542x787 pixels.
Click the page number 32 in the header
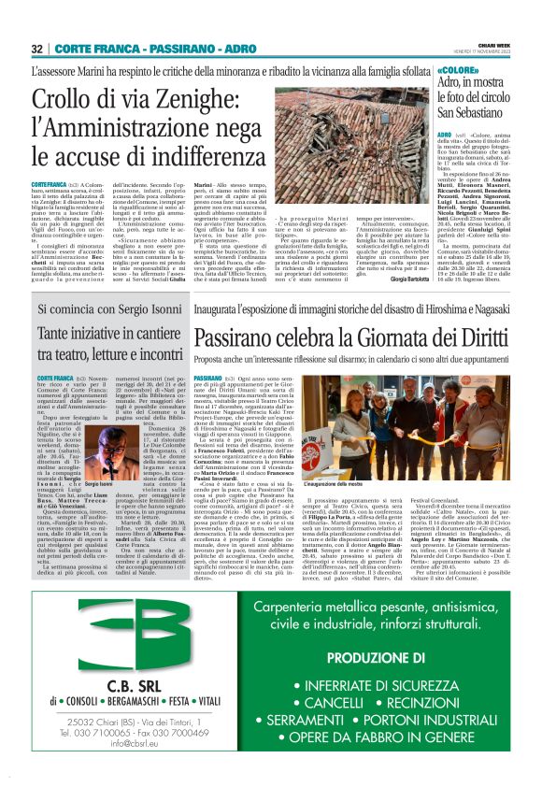(x=37, y=48)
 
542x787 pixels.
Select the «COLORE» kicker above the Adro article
(x=459, y=71)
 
